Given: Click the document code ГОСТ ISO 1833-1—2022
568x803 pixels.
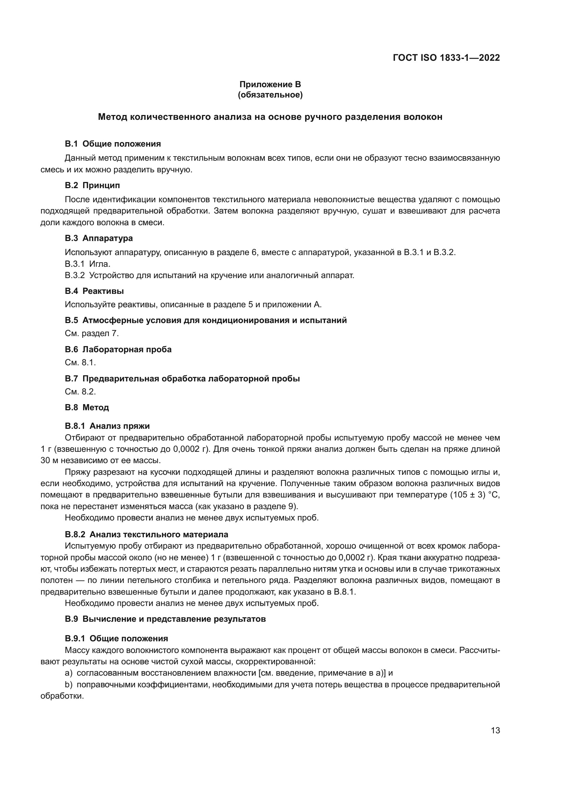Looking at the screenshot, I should (446, 58).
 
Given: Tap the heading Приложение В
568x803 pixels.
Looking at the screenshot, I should (270, 84).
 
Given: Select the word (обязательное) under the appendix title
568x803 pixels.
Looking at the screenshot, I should (270, 95).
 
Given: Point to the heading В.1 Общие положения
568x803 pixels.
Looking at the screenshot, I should (113, 144).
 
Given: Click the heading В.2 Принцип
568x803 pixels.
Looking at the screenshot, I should (92, 185).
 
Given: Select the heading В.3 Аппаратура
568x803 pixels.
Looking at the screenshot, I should (99, 238).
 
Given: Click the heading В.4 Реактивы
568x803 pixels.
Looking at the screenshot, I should (94, 291).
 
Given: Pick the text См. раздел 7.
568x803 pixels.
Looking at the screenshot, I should (92, 333).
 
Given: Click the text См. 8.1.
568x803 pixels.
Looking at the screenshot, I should (80, 363).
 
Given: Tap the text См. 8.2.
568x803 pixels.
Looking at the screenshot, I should (80, 392).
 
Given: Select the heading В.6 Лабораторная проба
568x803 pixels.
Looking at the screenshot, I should (118, 349).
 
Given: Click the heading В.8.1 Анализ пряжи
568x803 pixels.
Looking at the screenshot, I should (107, 426).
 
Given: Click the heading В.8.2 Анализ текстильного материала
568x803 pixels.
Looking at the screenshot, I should (146, 535).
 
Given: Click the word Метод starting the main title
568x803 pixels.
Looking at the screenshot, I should (112, 117).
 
